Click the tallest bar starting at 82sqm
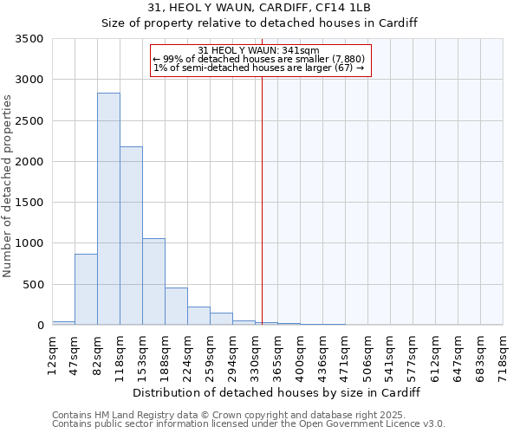coord(108,209)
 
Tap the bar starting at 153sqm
coord(153,281)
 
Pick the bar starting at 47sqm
coord(86,289)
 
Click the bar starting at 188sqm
coord(176,307)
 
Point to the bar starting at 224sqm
coord(198,316)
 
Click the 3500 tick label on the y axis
coord(29,39)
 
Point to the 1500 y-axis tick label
coord(29,203)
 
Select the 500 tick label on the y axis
coord(33,284)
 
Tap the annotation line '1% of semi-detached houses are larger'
coord(259,68)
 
